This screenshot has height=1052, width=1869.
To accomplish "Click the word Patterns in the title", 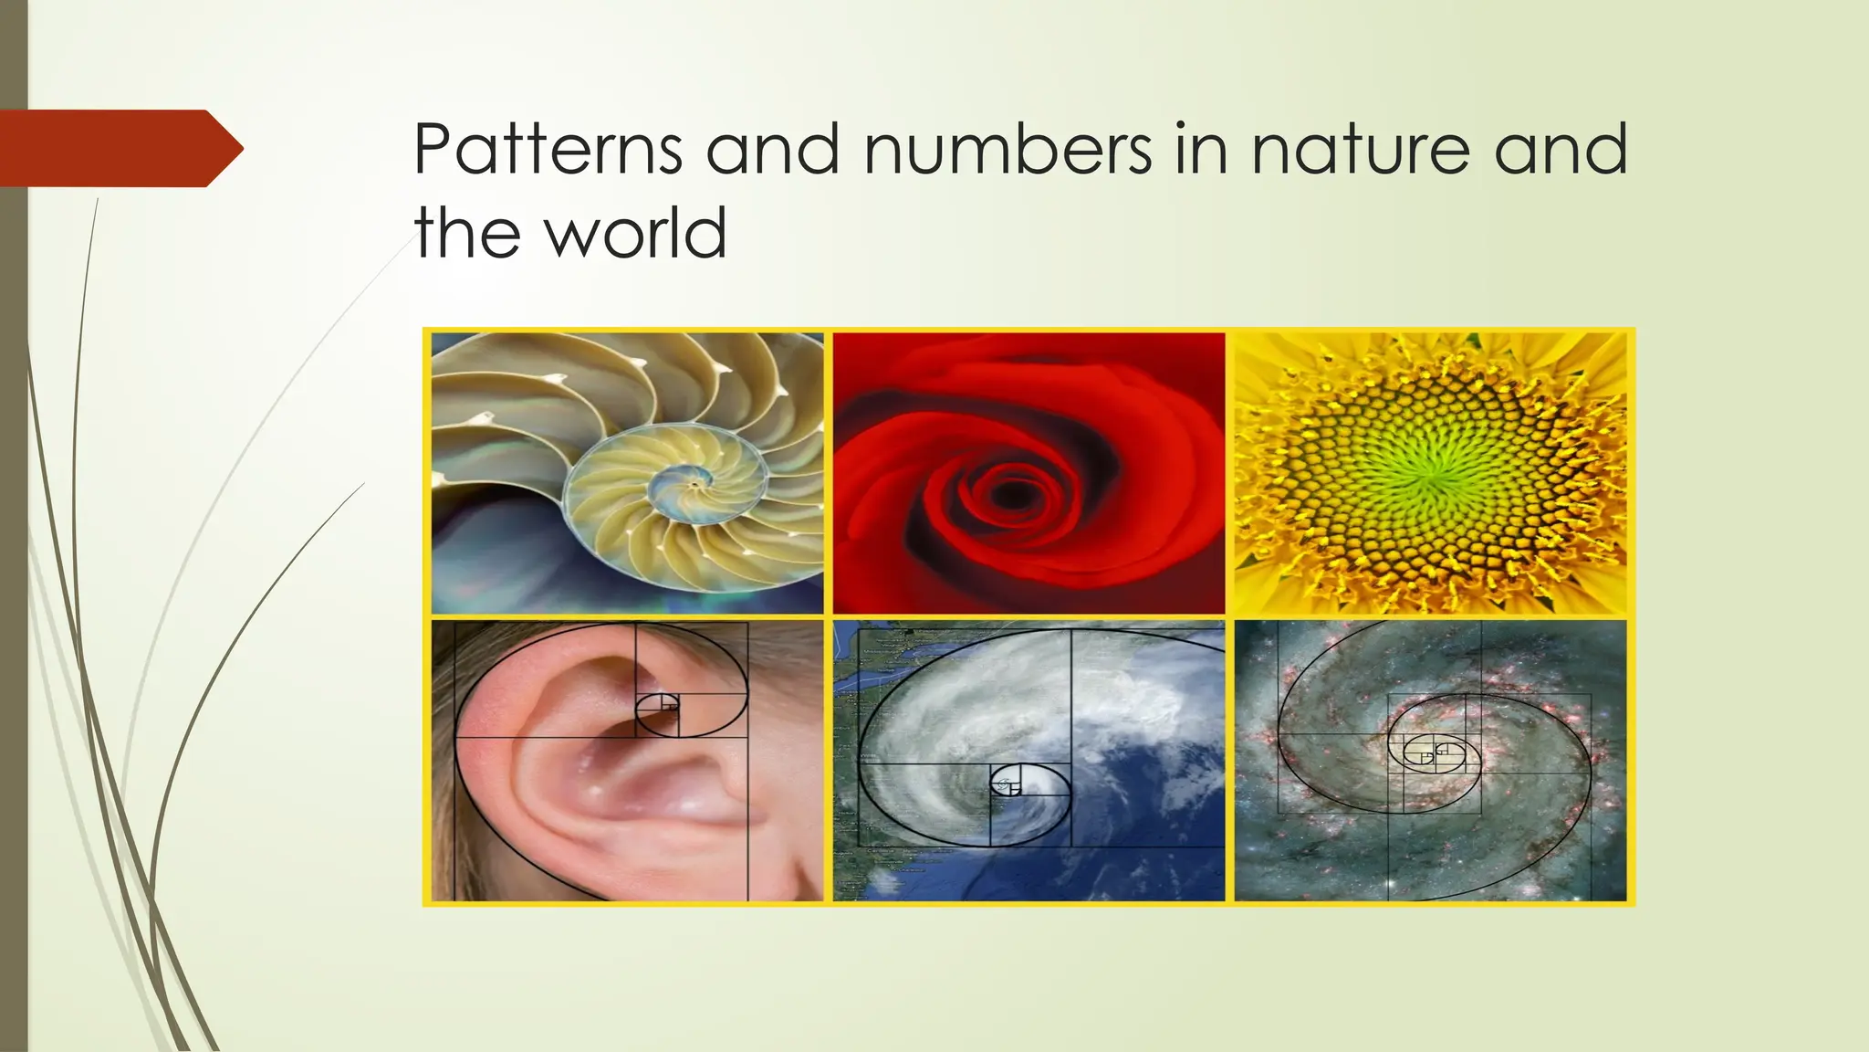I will (x=548, y=149).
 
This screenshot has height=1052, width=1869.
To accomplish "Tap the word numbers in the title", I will (x=1008, y=149).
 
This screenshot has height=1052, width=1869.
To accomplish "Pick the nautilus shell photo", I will (x=627, y=472).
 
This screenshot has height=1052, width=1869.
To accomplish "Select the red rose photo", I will (x=1028, y=472).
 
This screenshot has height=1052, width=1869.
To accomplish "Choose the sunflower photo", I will (x=1430, y=472).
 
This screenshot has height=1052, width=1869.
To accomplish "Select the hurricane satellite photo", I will (x=1028, y=761).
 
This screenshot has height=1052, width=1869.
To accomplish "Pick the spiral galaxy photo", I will (x=1430, y=761).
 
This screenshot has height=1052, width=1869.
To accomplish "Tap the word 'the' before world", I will (x=468, y=232).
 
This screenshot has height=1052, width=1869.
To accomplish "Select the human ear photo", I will (x=627, y=761).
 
